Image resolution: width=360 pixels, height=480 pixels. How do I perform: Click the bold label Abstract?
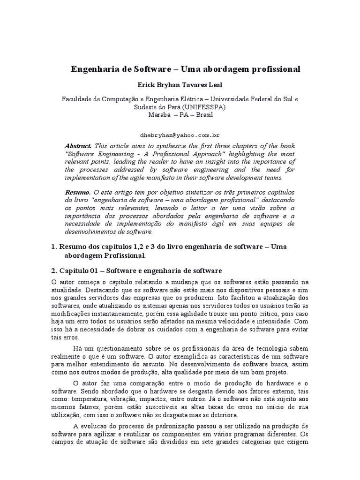(x=78, y=145)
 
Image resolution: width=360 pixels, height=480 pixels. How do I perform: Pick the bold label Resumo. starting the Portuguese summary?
(x=78, y=192)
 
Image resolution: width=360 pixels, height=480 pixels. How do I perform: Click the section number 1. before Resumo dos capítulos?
(x=53, y=247)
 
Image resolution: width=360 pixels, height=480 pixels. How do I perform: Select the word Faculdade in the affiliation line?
(x=78, y=99)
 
